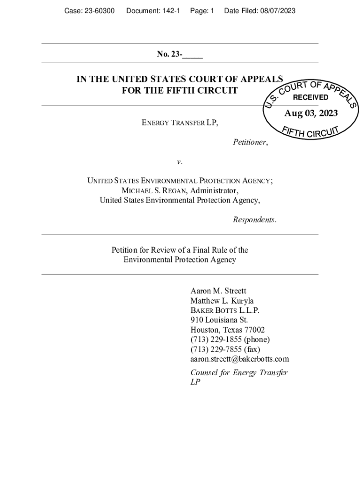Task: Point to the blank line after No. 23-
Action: click(193, 55)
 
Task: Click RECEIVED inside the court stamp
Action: click(310, 97)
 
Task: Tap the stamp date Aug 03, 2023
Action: click(311, 114)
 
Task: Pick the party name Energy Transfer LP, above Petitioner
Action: click(180, 123)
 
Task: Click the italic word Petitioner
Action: click(250, 142)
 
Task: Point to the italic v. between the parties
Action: click(180, 162)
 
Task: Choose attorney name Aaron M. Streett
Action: click(218, 290)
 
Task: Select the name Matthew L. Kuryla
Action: click(222, 300)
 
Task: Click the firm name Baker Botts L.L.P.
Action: click(225, 310)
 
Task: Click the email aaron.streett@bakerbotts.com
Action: click(239, 359)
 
